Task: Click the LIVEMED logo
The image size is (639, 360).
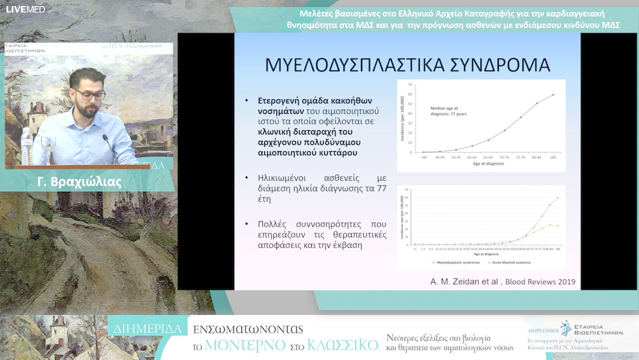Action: click(25, 9)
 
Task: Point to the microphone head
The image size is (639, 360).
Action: click(105, 138)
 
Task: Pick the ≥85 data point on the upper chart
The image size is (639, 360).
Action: click(553, 94)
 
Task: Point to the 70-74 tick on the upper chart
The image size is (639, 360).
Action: click(505, 157)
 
